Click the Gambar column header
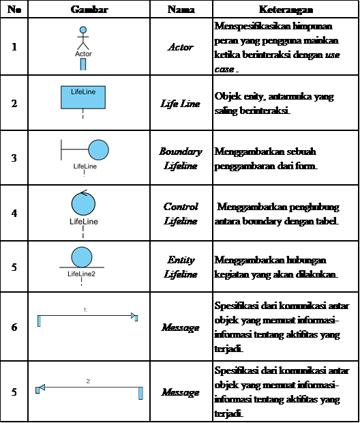[89, 10]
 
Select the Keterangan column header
[286, 10]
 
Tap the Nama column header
[181, 10]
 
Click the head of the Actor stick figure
[83, 29]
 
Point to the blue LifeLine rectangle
[83, 98]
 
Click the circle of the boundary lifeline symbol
[98, 149]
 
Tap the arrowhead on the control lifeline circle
[84, 193]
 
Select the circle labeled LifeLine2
[82, 257]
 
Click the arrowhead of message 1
[133, 315]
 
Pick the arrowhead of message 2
[42, 388]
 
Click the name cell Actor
[181, 47]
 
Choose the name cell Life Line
[181, 103]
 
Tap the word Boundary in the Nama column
[181, 151]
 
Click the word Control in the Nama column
[181, 206]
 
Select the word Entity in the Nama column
[181, 260]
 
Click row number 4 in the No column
[14, 213]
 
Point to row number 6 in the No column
[14, 327]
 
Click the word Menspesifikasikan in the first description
[253, 26]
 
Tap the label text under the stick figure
[83, 54]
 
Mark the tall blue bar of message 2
[140, 393]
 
